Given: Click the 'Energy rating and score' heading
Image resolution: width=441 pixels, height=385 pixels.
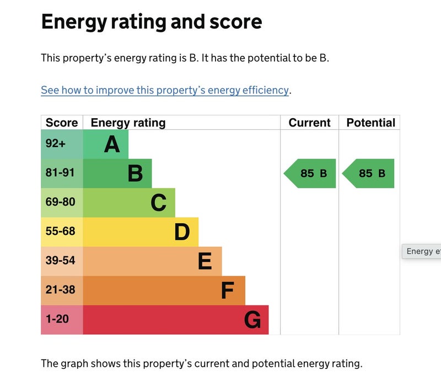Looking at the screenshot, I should (152, 22).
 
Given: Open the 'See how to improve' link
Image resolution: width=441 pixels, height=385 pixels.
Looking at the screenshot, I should (165, 90).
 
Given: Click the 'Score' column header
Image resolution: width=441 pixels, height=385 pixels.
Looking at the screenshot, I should (62, 123).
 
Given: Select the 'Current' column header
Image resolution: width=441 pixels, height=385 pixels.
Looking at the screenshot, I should (309, 123).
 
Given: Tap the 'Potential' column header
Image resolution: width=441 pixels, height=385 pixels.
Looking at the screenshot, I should (370, 123).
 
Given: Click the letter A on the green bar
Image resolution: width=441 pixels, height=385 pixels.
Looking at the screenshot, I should (112, 145).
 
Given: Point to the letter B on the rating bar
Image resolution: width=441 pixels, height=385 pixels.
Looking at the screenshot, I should (135, 174).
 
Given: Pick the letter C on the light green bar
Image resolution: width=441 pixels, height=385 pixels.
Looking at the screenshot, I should (158, 203).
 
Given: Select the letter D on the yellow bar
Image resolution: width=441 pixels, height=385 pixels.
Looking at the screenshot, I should (182, 233).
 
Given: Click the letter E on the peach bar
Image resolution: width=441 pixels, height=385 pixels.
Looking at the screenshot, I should (205, 261).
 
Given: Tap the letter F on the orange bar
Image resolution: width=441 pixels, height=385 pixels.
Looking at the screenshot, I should (228, 291).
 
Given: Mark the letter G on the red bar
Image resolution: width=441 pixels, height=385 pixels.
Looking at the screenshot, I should (252, 320).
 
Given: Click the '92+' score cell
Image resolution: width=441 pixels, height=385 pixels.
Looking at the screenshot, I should (56, 144).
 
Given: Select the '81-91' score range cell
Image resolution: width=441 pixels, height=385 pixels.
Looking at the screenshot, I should (60, 173).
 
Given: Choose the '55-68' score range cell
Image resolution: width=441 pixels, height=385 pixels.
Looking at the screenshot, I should (60, 231).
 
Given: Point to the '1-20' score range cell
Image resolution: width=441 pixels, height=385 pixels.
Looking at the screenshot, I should (57, 319).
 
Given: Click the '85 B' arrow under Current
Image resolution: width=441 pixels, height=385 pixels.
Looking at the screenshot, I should (311, 173).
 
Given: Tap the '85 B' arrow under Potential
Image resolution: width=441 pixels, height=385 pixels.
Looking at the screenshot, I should (369, 173).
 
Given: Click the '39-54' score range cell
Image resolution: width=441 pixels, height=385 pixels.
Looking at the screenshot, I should (60, 261).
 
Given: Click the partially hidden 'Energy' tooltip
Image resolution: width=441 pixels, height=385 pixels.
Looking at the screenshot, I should (422, 251).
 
